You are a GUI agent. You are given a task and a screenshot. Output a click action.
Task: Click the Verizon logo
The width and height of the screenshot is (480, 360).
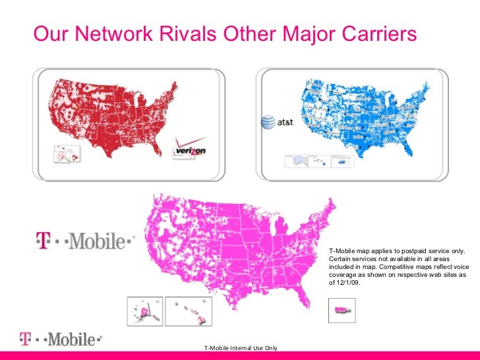(190, 149)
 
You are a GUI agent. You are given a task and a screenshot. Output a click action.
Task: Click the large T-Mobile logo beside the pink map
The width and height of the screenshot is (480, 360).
(84, 241)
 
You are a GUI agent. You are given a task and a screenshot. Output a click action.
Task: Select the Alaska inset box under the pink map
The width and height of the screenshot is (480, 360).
(144, 311)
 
